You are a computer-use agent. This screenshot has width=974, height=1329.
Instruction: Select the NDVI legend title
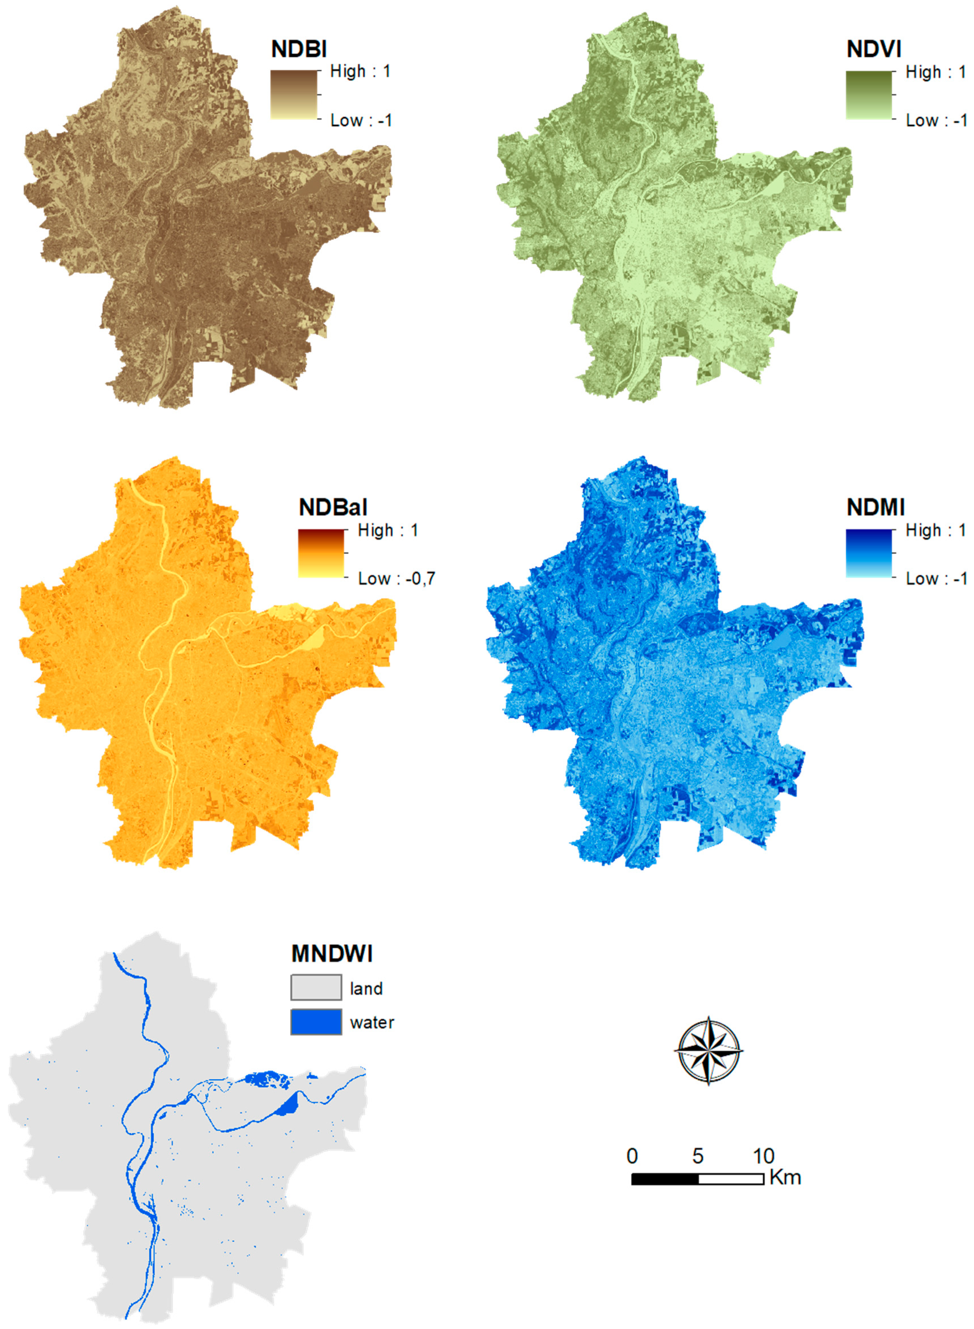pyautogui.click(x=874, y=49)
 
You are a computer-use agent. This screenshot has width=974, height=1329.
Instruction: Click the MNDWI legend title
pyautogui.click(x=331, y=954)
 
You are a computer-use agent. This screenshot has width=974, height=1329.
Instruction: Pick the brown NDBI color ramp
pyautogui.click(x=294, y=95)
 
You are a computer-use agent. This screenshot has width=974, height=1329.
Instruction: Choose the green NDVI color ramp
pyautogui.click(x=869, y=95)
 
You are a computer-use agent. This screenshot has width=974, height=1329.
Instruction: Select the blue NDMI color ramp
pyautogui.click(x=869, y=553)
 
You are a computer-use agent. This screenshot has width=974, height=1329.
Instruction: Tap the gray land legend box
pyautogui.click(x=316, y=987)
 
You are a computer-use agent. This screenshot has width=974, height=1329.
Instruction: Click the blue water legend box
pyautogui.click(x=316, y=1022)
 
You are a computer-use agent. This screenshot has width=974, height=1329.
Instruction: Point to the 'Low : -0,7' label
pyautogui.click(x=396, y=578)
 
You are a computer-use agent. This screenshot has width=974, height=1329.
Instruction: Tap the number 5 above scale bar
pyautogui.click(x=698, y=1156)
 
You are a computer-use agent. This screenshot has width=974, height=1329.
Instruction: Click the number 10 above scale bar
pyautogui.click(x=763, y=1156)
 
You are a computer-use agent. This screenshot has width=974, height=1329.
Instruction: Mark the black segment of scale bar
pyautogui.click(x=665, y=1179)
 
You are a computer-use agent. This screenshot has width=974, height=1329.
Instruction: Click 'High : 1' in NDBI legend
pyautogui.click(x=359, y=71)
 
